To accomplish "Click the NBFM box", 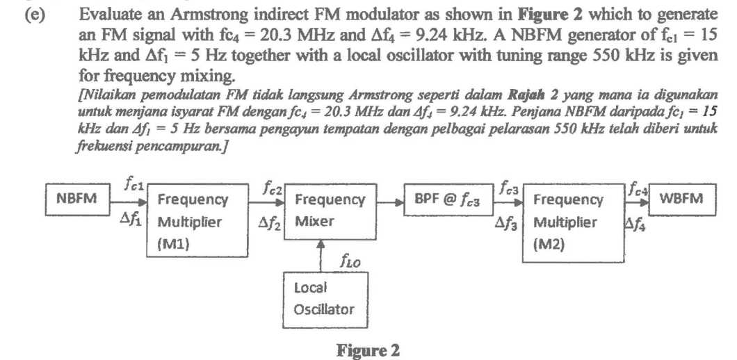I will tap(75, 199).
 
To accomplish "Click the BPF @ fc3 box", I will tap(451, 199).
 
